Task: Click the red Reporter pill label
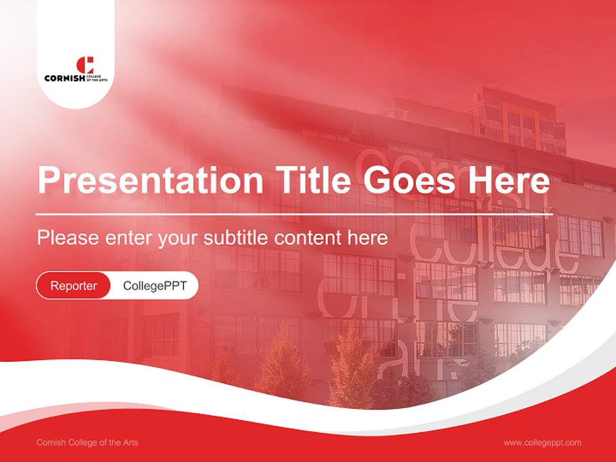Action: (74, 286)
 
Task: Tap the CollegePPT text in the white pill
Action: (155, 286)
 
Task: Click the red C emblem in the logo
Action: (85, 65)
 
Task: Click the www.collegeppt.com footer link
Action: (542, 443)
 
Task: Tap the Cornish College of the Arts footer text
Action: (87, 443)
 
